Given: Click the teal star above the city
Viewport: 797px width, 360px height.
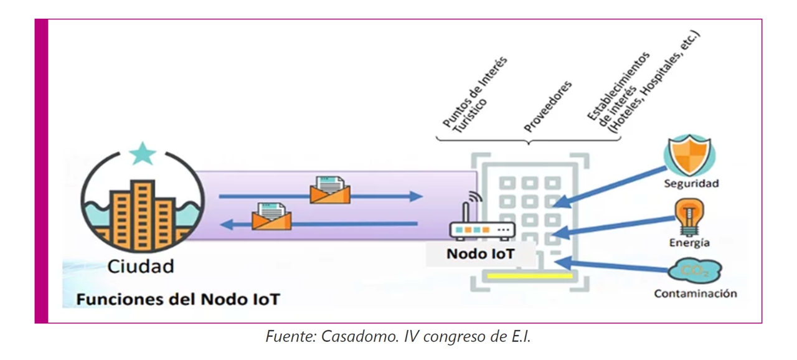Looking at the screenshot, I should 143,153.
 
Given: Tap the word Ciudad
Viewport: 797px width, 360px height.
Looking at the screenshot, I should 141,267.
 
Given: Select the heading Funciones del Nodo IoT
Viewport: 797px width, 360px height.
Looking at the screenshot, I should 178,299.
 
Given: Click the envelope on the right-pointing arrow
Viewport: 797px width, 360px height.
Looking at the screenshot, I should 331,190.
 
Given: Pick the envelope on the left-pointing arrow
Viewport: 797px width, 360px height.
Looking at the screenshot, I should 271,216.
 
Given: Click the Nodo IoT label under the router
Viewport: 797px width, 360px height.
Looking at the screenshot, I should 481,254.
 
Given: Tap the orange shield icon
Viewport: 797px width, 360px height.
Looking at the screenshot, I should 689,155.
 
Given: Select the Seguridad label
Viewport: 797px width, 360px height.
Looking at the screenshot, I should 691,184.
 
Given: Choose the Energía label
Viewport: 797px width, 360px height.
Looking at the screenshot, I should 689,243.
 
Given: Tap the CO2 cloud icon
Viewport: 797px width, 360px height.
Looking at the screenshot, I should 694,272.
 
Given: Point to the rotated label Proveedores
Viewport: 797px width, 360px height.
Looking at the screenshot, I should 548,106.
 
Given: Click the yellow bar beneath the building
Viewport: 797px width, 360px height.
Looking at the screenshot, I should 530,275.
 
